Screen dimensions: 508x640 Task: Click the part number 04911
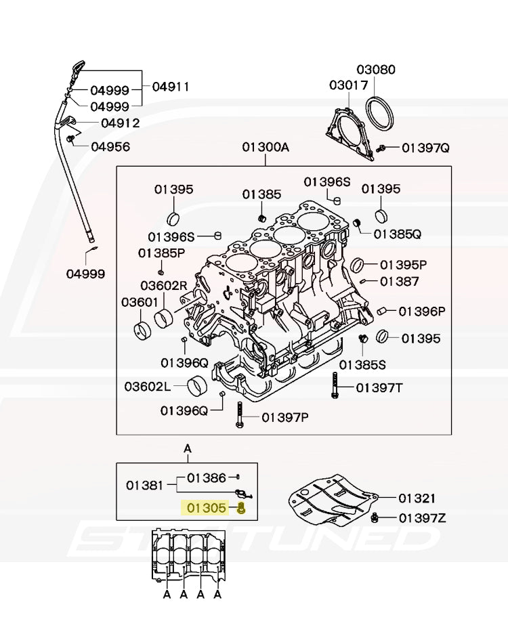tap(171, 87)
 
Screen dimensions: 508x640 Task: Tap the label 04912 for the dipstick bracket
tap(121, 123)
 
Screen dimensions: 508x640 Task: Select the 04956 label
tap(110, 146)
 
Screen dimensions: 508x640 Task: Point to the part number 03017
tap(349, 85)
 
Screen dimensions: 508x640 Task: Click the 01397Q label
tap(425, 148)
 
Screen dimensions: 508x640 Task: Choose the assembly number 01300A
tap(266, 147)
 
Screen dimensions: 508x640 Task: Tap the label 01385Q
tap(398, 234)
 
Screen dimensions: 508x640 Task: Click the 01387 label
tap(400, 281)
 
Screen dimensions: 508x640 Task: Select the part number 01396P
tap(422, 312)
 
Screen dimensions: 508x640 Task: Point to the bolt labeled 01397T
tap(335, 386)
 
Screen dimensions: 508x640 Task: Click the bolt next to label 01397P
tap(240, 414)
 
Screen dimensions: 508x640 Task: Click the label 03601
tap(140, 303)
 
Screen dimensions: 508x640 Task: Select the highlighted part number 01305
tap(206, 508)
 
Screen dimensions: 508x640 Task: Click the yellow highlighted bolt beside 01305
tap(241, 508)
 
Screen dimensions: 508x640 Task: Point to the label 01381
tap(144, 486)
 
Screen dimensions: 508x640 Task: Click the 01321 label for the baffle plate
tap(417, 498)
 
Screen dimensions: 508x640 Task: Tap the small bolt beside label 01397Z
tap(374, 518)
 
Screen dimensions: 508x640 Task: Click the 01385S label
tap(362, 364)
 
